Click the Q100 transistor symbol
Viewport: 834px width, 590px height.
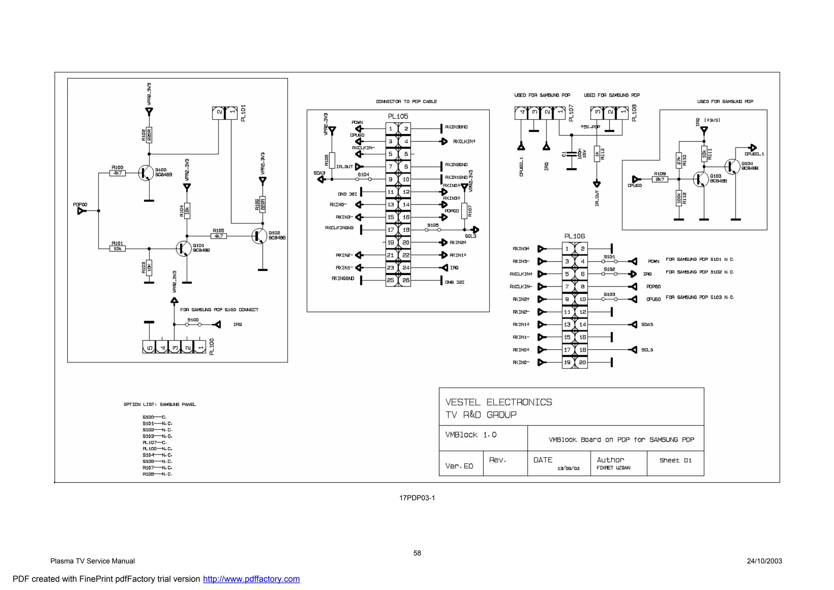(x=145, y=173)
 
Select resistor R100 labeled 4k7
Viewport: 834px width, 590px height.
(x=117, y=173)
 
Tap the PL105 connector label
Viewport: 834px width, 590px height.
(x=398, y=117)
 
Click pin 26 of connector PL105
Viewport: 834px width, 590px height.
(x=406, y=280)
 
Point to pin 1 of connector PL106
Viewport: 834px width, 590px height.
(x=567, y=249)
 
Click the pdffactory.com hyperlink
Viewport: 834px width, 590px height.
(x=251, y=579)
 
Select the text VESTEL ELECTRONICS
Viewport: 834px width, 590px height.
(x=498, y=402)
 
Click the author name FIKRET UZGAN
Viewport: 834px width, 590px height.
(x=613, y=468)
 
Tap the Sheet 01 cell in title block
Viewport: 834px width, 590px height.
(x=675, y=460)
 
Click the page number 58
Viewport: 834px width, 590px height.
(x=417, y=553)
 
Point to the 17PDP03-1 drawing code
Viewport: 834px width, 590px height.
(x=417, y=498)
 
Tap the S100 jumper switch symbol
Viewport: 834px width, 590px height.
(x=193, y=325)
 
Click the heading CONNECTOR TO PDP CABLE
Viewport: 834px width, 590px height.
(x=406, y=102)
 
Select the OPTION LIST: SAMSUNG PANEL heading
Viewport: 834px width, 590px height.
(x=160, y=404)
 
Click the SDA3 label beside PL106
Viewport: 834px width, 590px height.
(x=647, y=325)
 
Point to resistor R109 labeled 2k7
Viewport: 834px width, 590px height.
(x=660, y=179)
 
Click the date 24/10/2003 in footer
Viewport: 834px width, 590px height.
(x=764, y=561)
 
